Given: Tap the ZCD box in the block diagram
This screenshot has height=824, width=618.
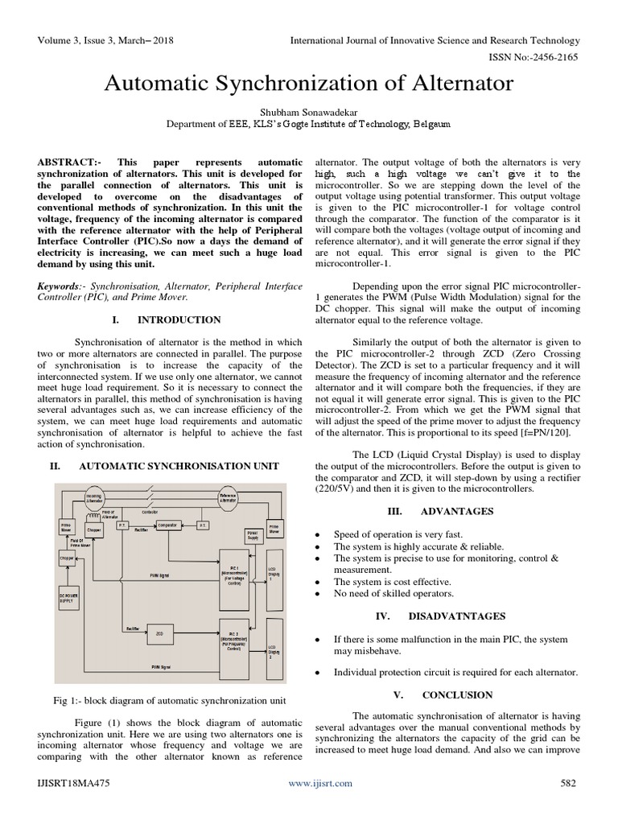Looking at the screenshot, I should pos(159,634).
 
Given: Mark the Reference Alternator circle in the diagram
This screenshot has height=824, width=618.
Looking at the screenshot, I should pos(233,499).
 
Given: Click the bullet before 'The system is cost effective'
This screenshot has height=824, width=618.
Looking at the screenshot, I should pos(320,582).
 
